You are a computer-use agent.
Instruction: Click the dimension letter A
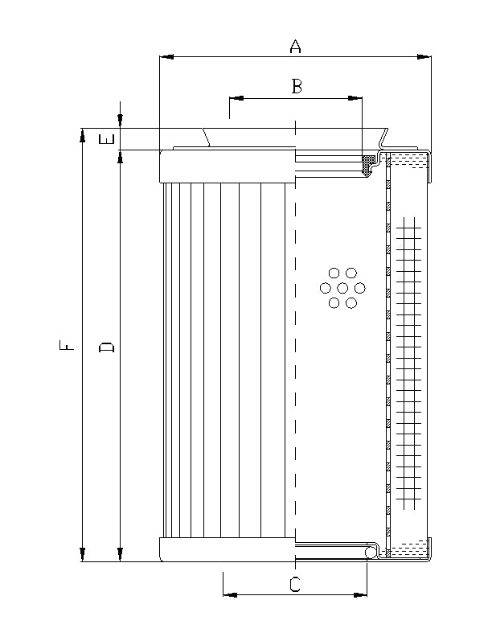click(x=295, y=47)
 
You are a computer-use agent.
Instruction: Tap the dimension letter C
click(x=295, y=585)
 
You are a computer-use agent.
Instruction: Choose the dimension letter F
click(x=70, y=347)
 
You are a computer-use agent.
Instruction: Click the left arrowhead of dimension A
click(x=166, y=57)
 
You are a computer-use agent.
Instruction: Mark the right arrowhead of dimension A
click(x=425, y=57)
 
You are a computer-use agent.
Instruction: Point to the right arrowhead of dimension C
click(x=362, y=595)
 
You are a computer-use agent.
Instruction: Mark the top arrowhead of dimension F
click(x=82, y=134)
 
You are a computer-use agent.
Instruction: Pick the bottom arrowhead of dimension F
click(x=82, y=555)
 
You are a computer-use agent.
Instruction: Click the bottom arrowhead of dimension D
click(x=120, y=555)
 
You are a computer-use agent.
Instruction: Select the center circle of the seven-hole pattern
click(x=343, y=288)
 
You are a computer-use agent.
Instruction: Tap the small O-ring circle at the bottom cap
click(x=371, y=552)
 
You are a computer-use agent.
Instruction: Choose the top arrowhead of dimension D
click(x=120, y=156)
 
